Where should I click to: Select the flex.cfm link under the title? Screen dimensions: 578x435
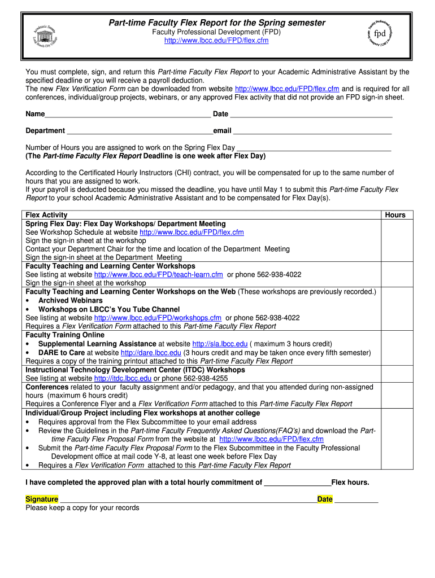tap(216, 41)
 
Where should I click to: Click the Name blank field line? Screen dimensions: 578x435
tap(128, 115)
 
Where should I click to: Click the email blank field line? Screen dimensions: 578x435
tap(312, 132)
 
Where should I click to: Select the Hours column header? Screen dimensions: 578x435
tap(395, 215)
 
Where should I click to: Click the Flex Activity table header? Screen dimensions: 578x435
tap(47, 215)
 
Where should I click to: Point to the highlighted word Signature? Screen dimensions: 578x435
tap(42, 500)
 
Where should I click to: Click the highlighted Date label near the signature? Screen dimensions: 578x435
tap(325, 500)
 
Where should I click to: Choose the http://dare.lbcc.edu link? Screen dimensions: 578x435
tap(151, 353)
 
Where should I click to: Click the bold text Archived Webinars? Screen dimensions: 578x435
tap(71, 301)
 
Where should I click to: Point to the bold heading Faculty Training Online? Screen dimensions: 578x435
tap(65, 335)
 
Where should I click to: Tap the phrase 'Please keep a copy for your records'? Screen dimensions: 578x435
tap(82, 508)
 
